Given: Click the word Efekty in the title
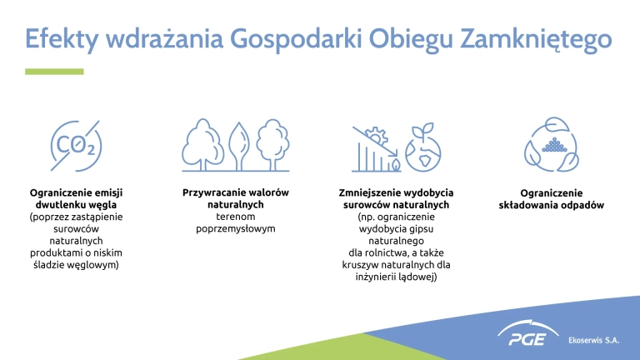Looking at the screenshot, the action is click(x=62, y=39).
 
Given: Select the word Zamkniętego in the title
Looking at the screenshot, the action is click(x=536, y=40).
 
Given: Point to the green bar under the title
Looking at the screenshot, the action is click(x=54, y=72).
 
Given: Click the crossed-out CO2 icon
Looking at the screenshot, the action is click(x=76, y=146).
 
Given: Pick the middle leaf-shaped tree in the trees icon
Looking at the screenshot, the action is click(x=239, y=146).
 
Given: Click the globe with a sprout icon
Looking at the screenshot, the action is click(x=422, y=147).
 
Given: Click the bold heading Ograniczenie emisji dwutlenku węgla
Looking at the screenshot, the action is click(x=76, y=198).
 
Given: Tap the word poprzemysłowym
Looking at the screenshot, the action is click(x=236, y=228).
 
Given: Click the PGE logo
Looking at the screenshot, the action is click(x=527, y=333).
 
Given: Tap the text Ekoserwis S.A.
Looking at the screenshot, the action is click(x=594, y=340).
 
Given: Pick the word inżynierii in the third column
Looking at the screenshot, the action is click(x=373, y=277).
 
